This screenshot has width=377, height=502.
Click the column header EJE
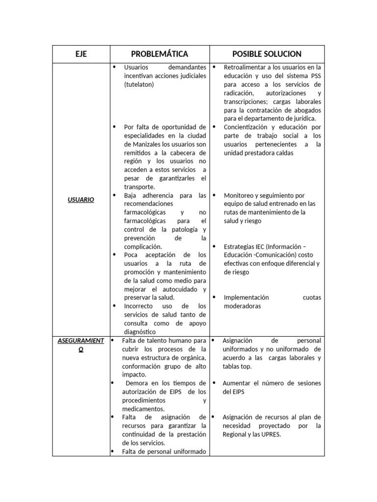pyautogui.click(x=81, y=54)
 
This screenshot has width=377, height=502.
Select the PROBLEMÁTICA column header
pyautogui.click(x=160, y=54)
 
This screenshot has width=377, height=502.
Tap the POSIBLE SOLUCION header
pyautogui.click(x=267, y=54)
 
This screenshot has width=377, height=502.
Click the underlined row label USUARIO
pyautogui.click(x=81, y=200)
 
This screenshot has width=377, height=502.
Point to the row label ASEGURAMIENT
pyautogui.click(x=81, y=341)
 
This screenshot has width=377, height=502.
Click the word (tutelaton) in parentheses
pyautogui.click(x=139, y=84)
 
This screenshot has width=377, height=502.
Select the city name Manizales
pyautogui.click(x=147, y=144)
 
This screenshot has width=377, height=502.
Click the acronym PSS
pyautogui.click(x=315, y=76)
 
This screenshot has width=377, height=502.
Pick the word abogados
pyautogui.click(x=309, y=110)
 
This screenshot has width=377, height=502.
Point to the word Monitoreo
pyautogui.click(x=239, y=195)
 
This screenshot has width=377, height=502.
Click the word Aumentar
pyautogui.click(x=237, y=383)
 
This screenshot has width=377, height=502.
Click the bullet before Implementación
pyautogui.click(x=215, y=297)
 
